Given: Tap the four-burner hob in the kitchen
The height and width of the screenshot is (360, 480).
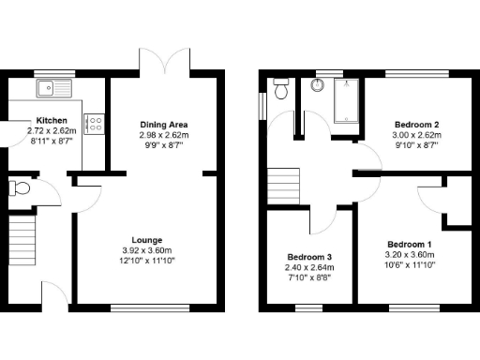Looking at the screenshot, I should click(x=94, y=124).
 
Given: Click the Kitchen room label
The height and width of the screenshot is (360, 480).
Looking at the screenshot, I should click(x=52, y=121).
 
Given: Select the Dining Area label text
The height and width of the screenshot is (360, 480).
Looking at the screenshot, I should click(x=164, y=125).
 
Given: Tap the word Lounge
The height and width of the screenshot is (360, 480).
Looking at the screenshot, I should click(x=147, y=240).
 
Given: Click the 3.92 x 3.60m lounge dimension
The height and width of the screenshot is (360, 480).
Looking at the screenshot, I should click(x=147, y=250).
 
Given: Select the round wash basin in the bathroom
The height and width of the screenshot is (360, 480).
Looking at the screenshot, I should click(x=317, y=87).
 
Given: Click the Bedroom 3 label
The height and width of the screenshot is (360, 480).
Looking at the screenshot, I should click(x=309, y=257).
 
